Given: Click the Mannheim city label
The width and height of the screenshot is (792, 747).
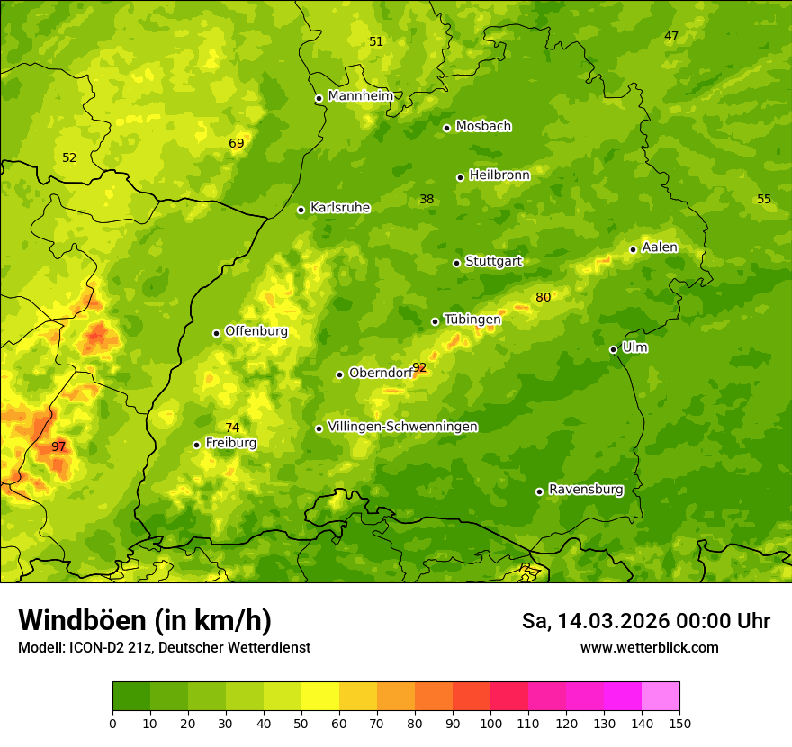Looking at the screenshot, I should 361,96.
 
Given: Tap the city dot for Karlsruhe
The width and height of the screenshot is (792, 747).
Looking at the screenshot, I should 301,210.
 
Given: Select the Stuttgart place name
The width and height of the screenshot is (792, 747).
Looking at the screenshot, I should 493,262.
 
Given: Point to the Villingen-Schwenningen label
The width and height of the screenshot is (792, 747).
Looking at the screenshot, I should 402,427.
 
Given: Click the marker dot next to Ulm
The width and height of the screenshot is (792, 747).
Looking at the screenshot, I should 613,349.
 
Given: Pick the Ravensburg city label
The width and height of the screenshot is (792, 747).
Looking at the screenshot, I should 586,490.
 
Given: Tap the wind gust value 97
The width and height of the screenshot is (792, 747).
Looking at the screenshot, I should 58,447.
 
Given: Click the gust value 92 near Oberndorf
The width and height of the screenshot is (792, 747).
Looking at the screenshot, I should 419,367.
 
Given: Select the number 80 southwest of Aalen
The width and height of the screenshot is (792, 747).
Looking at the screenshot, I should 543,298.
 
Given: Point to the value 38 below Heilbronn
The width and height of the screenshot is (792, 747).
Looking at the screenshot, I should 427,200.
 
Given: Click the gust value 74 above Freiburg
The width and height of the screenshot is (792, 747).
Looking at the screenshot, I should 232,427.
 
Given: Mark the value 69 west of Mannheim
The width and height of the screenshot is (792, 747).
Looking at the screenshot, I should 236,144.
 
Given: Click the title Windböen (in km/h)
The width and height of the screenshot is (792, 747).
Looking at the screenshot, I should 145,620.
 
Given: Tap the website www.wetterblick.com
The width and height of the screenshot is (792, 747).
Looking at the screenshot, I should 649,648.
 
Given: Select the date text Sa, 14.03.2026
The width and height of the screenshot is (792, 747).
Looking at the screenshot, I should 596,621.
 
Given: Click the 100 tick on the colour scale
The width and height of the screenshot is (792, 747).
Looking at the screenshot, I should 490,723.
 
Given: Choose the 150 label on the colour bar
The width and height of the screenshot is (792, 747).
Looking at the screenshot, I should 679,723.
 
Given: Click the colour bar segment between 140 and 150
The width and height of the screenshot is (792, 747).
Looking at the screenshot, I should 661,697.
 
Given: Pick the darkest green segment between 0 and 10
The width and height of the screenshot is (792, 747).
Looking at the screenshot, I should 131,697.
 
